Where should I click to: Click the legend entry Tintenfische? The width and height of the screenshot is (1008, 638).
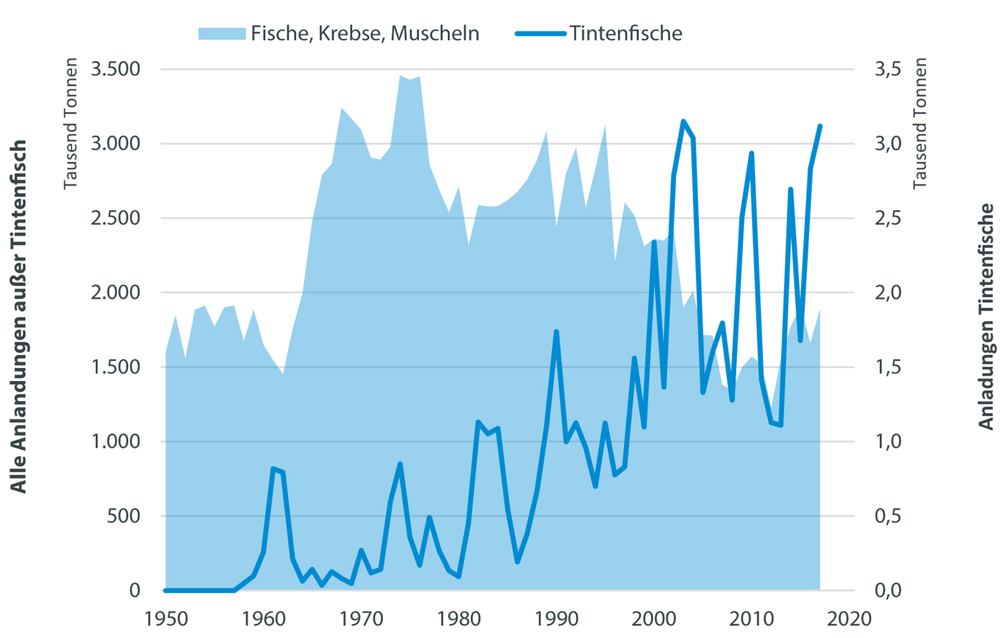point(626,34)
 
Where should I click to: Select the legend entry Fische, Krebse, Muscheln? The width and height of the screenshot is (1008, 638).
point(365,34)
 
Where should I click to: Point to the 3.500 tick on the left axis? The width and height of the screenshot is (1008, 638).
point(115,69)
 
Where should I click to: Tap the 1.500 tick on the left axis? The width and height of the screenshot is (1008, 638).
point(115,367)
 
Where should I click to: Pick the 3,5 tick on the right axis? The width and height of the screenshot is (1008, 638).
point(888,69)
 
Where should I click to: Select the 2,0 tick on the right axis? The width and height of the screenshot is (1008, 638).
point(888,292)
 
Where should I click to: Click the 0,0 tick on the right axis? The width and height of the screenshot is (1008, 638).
point(888,590)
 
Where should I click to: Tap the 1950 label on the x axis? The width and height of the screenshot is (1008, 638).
point(166,619)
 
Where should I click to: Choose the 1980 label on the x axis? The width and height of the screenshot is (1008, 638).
point(459,619)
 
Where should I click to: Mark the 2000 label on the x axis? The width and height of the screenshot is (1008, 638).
point(654,619)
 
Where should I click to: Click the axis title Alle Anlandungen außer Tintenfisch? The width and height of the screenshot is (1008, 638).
point(19,316)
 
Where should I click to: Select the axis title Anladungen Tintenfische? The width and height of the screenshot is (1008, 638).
point(986,316)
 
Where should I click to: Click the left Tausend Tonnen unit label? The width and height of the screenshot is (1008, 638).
point(71,123)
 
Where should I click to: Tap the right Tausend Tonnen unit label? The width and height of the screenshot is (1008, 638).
point(920,123)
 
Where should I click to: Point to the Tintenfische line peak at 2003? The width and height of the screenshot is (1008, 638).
point(683,121)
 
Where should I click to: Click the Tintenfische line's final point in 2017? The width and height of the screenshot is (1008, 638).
point(820,126)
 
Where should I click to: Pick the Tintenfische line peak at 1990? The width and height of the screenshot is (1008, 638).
point(556,332)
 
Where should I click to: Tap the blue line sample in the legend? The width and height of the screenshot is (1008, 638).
point(540,34)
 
